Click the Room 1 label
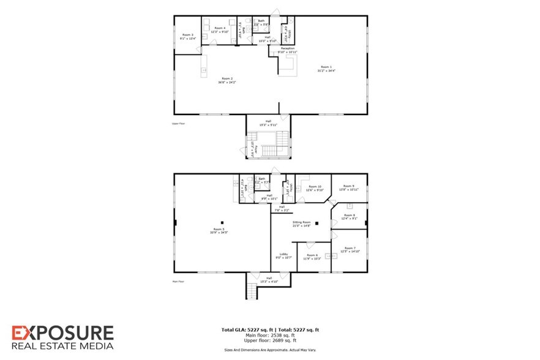tap(326, 67)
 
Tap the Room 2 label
tap(227, 78)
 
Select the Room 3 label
tap(187, 35)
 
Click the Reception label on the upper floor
tap(288, 48)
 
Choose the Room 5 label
tap(217, 230)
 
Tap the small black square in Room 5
tap(223, 222)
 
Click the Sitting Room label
tap(302, 222)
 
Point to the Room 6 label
tap(312, 254)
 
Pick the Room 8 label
tap(349, 215)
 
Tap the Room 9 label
tap(348, 186)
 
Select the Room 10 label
tap(315, 187)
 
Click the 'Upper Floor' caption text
tap(179, 123)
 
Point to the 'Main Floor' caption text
tap(179, 281)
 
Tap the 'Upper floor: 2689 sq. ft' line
tap(270, 340)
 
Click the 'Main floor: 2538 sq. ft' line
tap(270, 335)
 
